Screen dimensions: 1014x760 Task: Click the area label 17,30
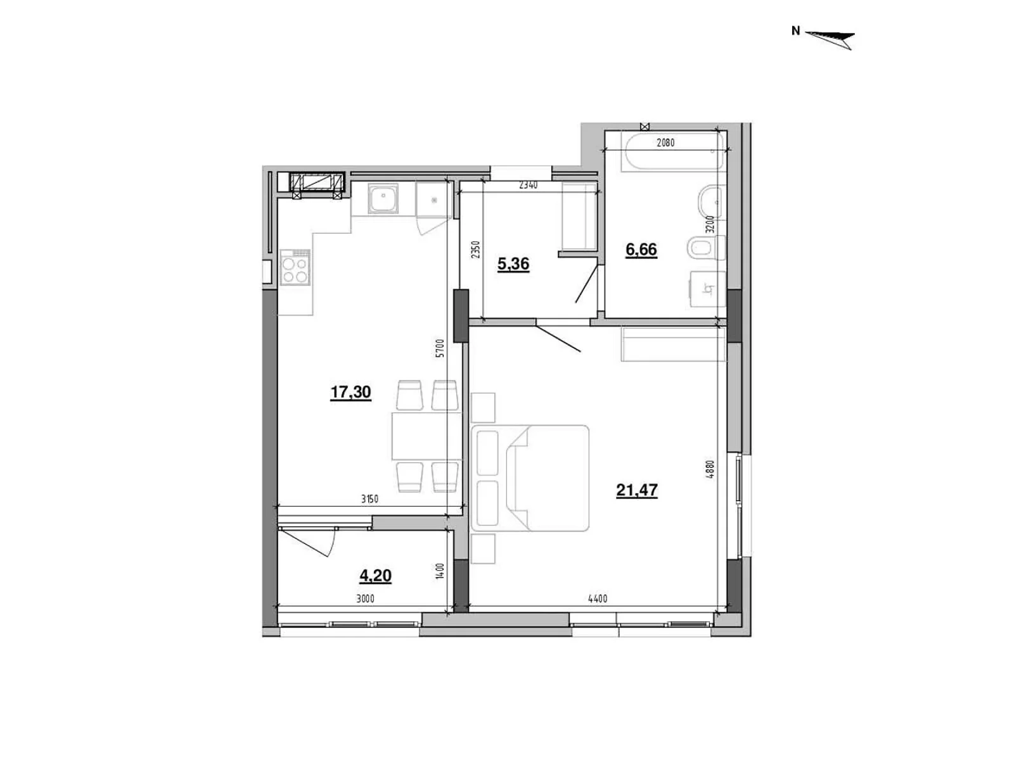point(350,392)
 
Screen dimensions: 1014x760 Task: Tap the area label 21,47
point(636,490)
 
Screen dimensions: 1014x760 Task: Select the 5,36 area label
point(513,264)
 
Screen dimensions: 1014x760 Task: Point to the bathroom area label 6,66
point(641,250)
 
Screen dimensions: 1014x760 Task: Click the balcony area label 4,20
point(375,576)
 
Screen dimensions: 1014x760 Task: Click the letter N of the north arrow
point(795,31)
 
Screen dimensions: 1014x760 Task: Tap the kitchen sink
point(383,198)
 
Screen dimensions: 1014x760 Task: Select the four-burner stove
point(295,268)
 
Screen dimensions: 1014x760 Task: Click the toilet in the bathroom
point(707,248)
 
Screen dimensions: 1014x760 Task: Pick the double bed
point(529,478)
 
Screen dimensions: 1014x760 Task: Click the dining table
point(427,436)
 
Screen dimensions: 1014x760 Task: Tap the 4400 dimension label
point(598,599)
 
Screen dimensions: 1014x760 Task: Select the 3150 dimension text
point(369,499)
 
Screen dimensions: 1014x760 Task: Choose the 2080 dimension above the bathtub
point(665,143)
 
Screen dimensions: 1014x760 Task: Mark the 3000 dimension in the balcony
point(365,599)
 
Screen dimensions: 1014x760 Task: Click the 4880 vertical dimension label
point(710,469)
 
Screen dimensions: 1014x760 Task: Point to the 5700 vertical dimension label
point(440,348)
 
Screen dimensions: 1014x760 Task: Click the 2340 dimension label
point(528,186)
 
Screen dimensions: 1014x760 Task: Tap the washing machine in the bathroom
point(707,289)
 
